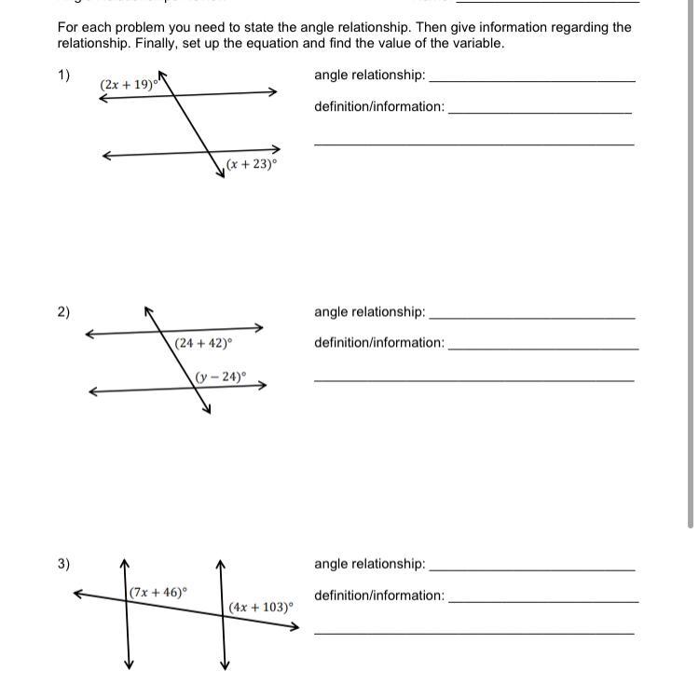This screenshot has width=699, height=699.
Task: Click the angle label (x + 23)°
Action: pos(251,164)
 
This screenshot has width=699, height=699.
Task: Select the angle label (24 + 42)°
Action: pos(203,343)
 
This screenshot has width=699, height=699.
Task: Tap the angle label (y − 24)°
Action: pos(221,377)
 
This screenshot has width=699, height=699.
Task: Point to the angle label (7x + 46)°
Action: pos(158,592)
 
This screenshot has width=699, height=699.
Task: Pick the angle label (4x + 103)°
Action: pos(261,607)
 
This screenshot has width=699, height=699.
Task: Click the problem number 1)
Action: pos(63,75)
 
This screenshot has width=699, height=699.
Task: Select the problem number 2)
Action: pos(63,312)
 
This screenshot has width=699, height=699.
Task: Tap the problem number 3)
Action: pos(63,564)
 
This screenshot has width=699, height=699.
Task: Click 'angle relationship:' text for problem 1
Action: pos(369,75)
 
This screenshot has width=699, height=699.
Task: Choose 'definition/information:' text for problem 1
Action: pos(379,106)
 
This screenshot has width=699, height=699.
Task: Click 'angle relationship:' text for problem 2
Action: pos(369,312)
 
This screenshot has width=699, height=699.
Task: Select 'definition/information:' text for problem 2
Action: pos(379,343)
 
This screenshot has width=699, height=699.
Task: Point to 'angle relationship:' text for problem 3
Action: pos(369,564)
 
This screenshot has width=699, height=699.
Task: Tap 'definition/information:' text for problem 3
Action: pos(379,596)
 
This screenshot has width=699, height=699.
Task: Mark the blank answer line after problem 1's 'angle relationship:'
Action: pos(532,81)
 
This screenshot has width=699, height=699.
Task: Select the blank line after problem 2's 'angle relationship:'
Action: pos(532,318)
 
